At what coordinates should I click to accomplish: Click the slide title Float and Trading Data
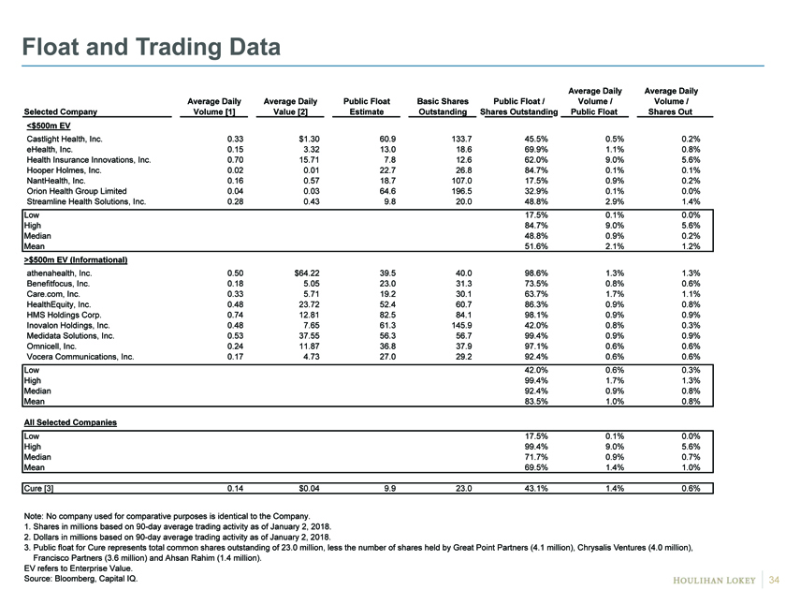(x=151, y=47)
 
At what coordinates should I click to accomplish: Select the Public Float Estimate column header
(x=367, y=107)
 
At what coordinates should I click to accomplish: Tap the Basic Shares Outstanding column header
(x=443, y=107)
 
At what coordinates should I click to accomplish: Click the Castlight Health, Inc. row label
(x=65, y=139)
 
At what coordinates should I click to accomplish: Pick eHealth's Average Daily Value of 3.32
(x=312, y=150)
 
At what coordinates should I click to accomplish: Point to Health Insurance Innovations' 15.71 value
(x=310, y=160)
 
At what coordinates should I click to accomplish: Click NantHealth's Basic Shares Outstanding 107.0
(x=461, y=181)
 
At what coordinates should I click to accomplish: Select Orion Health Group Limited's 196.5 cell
(x=461, y=191)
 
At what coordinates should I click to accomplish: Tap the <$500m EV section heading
(x=48, y=125)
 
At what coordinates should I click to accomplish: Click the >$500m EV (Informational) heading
(x=76, y=260)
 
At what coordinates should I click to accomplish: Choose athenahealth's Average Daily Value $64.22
(x=307, y=273)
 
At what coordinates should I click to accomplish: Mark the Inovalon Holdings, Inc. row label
(x=68, y=326)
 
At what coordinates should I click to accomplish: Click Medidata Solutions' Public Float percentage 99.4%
(x=536, y=336)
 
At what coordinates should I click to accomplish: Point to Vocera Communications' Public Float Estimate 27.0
(x=387, y=357)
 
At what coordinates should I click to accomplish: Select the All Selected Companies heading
(x=70, y=422)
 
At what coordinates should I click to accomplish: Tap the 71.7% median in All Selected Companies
(x=536, y=457)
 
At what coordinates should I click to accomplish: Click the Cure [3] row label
(x=38, y=488)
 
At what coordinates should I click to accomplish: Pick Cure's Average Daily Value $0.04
(x=309, y=488)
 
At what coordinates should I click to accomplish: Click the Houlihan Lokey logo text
(x=714, y=581)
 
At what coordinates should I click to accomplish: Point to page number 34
(x=774, y=580)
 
